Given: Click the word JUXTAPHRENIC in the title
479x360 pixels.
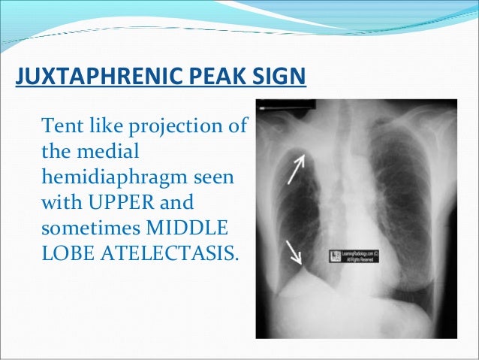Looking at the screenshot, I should tap(88, 78).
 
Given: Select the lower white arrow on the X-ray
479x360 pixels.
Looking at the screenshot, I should tap(294, 253).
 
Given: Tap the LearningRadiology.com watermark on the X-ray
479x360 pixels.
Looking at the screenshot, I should tap(354, 256).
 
